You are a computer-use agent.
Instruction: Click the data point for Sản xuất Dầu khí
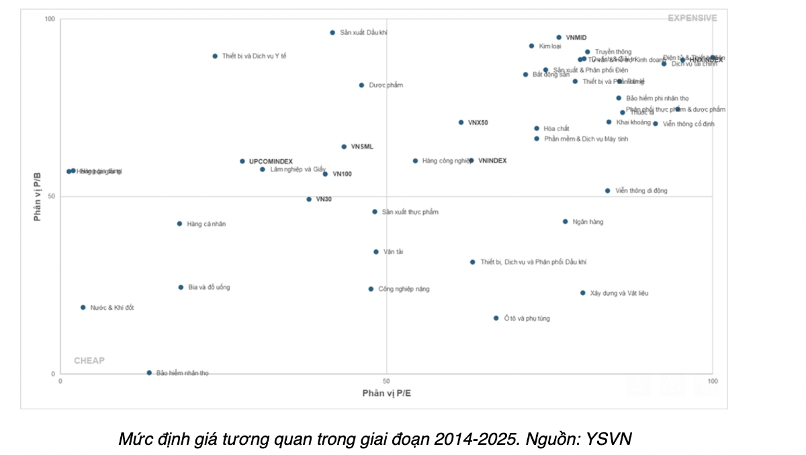tap(332, 32)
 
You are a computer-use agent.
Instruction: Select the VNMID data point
tap(559, 38)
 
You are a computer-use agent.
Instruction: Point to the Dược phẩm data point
tap(361, 85)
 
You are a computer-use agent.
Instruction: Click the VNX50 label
tap(478, 123)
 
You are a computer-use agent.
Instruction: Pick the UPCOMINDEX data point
tap(242, 161)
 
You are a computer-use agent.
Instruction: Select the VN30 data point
tap(309, 200)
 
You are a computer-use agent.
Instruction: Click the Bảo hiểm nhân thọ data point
tap(149, 372)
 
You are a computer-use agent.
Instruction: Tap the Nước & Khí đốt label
tap(112, 308)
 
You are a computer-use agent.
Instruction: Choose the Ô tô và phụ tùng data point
tap(496, 318)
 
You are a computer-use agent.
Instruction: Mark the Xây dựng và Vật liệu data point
tap(582, 293)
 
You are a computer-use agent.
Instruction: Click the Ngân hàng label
tap(588, 222)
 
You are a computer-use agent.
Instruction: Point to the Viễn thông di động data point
tap(608, 191)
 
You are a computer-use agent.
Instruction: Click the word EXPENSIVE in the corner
tap(692, 18)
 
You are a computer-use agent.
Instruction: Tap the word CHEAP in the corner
tap(89, 360)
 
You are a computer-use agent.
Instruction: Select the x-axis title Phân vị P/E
tap(386, 392)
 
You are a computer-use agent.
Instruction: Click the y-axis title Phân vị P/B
tap(38, 196)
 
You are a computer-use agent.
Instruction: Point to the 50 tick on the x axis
tap(386, 381)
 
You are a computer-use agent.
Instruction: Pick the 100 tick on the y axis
tap(50, 19)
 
